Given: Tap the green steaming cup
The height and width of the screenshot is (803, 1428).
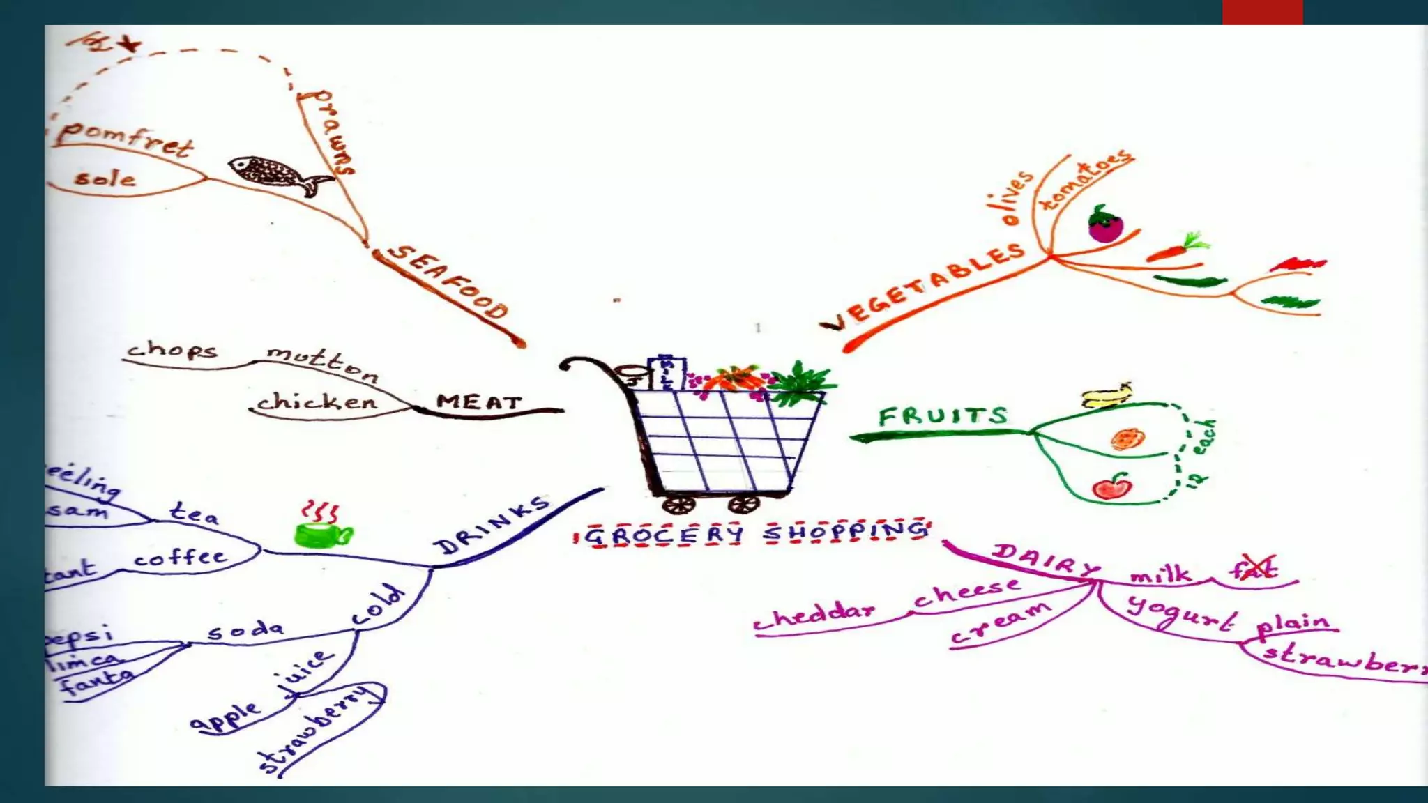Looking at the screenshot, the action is click(322, 534).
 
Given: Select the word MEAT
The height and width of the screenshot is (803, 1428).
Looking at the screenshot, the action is click(479, 402).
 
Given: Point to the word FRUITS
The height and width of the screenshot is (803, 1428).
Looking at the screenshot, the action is click(943, 416).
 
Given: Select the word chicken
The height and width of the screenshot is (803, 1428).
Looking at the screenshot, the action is click(317, 401).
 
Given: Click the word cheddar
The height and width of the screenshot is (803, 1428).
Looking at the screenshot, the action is click(814, 615).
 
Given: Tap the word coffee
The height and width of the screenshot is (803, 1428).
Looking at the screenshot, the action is click(181, 557).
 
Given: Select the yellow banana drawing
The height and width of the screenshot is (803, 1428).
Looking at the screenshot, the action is click(1106, 396).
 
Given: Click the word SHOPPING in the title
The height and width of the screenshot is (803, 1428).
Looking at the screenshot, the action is click(846, 532).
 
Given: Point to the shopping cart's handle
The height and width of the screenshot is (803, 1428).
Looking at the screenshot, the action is click(582, 363).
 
